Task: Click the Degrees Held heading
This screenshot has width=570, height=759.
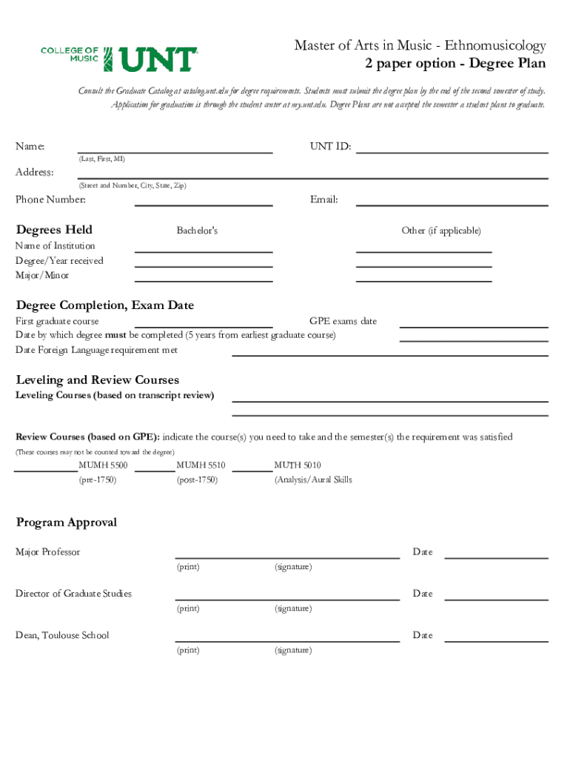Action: pos(54,230)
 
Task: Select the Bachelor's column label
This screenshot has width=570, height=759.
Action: pos(197,231)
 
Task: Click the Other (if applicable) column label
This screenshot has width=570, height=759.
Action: pos(441,231)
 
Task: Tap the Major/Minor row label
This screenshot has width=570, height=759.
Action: pos(42,276)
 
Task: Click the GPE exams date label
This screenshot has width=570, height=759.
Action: pos(343,322)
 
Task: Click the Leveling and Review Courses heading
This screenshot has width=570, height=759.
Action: pos(97,380)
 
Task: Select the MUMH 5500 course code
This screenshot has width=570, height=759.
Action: pos(103,465)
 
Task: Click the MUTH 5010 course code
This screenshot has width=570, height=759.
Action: pos(298,465)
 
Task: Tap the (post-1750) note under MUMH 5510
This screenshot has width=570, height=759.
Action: pos(197,480)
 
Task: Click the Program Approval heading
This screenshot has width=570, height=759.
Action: pos(67,523)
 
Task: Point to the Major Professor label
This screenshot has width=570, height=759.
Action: pos(48,552)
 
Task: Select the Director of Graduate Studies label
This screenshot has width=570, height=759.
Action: pos(74,594)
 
